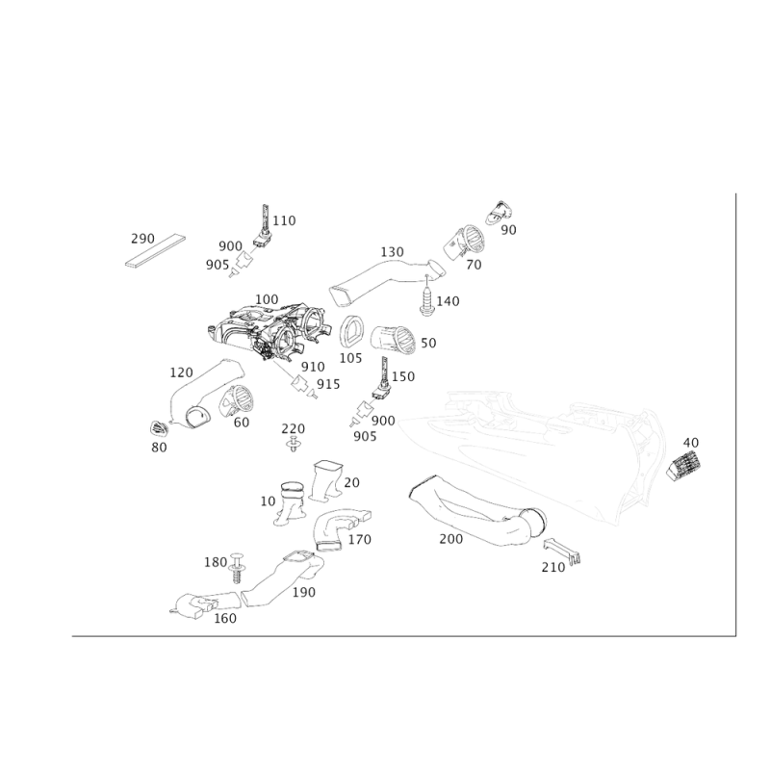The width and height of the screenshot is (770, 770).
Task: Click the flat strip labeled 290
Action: pos(155,251)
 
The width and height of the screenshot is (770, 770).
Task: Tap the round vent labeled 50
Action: pos(393,340)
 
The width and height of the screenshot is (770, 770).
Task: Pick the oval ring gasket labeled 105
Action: pos(351,333)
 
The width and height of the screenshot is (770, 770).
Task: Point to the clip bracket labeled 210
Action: pos(562,551)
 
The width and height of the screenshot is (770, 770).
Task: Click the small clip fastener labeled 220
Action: pos(294,444)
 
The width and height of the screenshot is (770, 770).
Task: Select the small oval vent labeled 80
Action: pos(159,428)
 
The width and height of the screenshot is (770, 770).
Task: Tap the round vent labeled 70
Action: pos(464,243)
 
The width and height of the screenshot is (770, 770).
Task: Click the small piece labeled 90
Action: pos(499,213)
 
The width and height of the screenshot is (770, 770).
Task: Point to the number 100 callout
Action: pos(267,299)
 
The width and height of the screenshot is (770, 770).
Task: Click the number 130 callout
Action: pos(392,252)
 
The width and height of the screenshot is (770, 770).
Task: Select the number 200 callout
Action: pos(450,539)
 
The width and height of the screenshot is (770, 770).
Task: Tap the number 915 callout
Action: pos(328,384)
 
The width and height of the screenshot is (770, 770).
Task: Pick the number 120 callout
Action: pos(181,372)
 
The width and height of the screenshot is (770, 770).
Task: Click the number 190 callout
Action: pos(303,592)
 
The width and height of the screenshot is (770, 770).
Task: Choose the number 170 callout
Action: pos(359,540)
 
